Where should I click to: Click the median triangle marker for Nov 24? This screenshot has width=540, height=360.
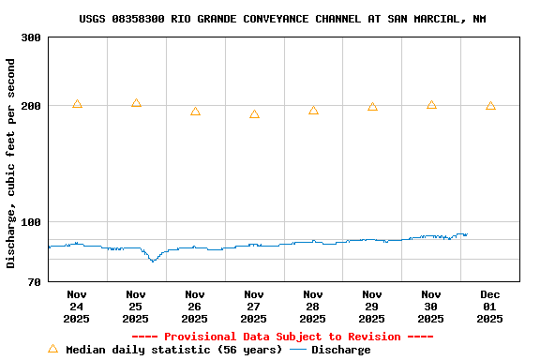click(77, 104)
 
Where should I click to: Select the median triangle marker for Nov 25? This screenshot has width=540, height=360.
click(136, 103)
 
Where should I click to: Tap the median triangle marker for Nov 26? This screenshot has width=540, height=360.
click(195, 112)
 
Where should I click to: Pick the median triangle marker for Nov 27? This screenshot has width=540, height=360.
click(254, 114)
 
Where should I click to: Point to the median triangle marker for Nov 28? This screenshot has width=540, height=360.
click(313, 111)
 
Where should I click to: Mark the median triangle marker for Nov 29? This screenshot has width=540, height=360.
click(372, 107)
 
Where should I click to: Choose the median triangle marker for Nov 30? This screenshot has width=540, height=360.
click(431, 105)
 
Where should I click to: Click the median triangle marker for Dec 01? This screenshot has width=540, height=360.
click(490, 106)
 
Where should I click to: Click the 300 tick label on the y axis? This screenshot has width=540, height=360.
click(31, 37)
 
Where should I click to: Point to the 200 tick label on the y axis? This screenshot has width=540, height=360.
click(31, 106)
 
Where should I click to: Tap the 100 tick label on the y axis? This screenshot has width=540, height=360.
click(31, 222)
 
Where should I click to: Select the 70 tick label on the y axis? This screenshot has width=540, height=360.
click(35, 281)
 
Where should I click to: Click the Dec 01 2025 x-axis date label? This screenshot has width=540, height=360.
click(489, 307)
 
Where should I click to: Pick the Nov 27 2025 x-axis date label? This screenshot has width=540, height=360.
click(253, 307)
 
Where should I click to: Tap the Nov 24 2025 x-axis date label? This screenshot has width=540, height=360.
click(77, 307)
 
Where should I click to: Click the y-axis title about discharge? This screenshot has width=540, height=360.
click(11, 163)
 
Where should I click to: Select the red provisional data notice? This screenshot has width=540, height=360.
click(282, 337)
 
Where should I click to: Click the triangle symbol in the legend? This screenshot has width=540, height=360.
click(53, 349)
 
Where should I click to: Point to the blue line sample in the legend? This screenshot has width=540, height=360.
click(298, 350)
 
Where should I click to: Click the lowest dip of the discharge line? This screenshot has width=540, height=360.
click(152, 261)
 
